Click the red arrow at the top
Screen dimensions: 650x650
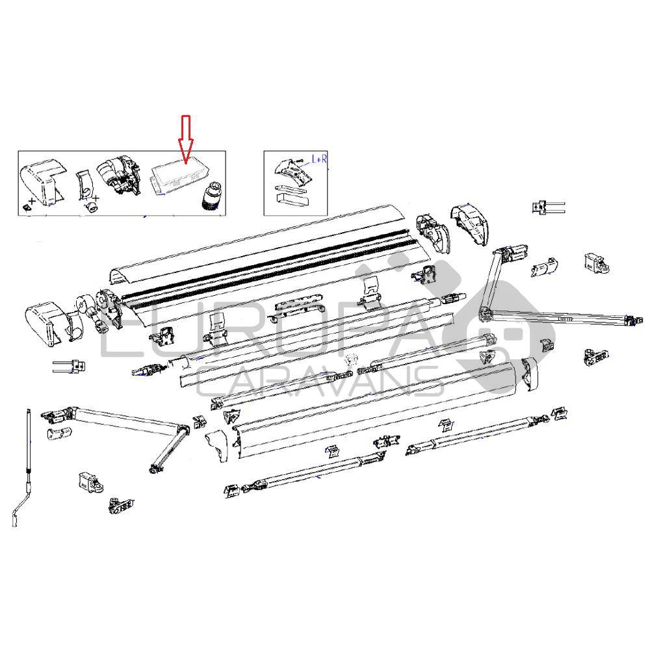click(x=185, y=139)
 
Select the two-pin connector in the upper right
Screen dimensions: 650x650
click(x=548, y=207)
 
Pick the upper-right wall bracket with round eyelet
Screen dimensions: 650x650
click(x=595, y=261)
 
